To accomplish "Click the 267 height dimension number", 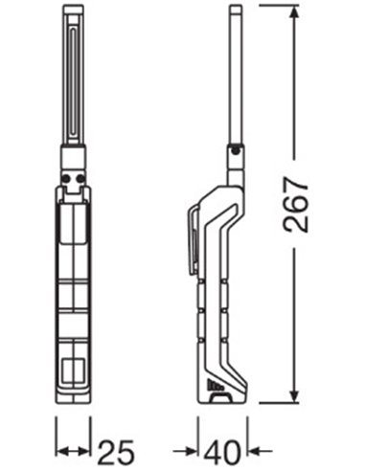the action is (x=296, y=204).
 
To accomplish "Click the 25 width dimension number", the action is (x=115, y=452).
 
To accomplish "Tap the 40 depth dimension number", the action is (x=222, y=452).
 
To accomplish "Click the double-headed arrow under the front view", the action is (x=73, y=452).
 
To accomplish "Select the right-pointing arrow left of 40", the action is (x=186, y=452).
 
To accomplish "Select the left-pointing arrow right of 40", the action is (x=261, y=452).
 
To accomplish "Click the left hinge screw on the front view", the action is (x=66, y=179).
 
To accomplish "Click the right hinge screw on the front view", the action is (x=80, y=179).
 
